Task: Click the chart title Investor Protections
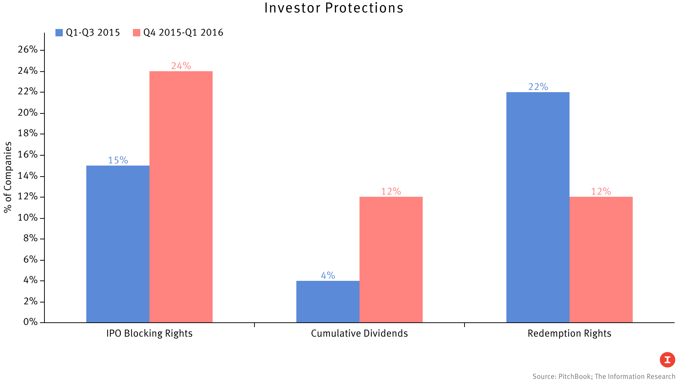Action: coord(333,8)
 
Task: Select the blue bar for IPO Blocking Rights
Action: coord(118,244)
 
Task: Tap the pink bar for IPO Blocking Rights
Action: coord(181,197)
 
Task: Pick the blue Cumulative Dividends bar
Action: coord(328,302)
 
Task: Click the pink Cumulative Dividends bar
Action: coord(391,260)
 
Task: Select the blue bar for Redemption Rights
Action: coord(538,207)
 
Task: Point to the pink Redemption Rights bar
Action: coord(601,260)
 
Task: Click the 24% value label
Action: coord(181,66)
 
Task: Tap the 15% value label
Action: coord(118,160)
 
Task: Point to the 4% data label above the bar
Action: coord(328,276)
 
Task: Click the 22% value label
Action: coord(538,87)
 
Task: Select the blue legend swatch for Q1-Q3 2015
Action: coord(59,33)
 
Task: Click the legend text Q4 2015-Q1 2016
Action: coord(183,33)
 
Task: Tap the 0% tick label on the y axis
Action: coord(30,322)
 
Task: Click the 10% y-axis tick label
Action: coord(28,218)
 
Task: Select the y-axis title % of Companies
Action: coord(8,177)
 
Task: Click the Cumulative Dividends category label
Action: coord(359,333)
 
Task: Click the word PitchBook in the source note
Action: coord(574,377)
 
